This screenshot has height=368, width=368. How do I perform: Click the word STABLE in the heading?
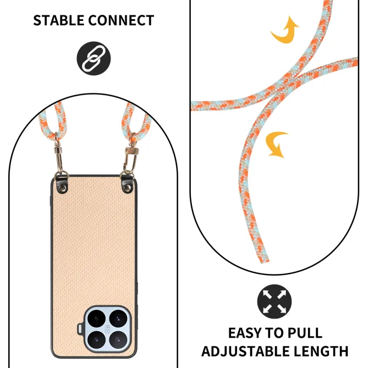[x=58, y=20]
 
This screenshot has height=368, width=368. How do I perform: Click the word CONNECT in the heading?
[x=121, y=20]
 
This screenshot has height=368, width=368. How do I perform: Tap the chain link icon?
[x=94, y=58]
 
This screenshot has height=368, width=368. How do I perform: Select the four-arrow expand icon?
[x=274, y=301]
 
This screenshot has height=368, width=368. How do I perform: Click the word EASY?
[x=245, y=333]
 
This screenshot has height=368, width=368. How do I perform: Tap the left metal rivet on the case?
[x=63, y=187]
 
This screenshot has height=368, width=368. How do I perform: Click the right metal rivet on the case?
[x=128, y=187]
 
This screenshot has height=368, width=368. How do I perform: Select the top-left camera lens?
[x=96, y=318]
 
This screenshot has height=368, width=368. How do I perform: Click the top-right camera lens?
[x=118, y=318]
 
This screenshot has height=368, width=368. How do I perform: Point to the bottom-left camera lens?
[x=96, y=339]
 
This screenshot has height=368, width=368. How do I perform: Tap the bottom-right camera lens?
[x=118, y=339]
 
